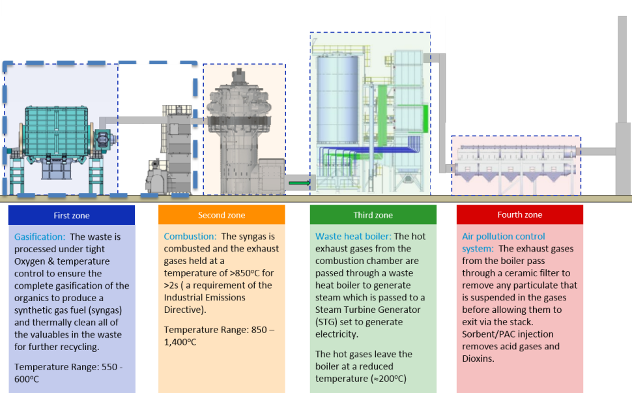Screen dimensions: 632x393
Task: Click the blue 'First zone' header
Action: (x=71, y=215)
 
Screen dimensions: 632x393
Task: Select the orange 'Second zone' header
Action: (x=222, y=215)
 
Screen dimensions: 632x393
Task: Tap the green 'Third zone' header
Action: (x=373, y=215)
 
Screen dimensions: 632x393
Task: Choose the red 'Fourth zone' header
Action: (x=519, y=214)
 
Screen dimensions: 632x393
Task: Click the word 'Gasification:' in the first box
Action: (x=40, y=237)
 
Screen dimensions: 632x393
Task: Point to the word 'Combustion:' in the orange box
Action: (x=190, y=237)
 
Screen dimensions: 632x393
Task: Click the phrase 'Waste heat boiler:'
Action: (x=353, y=237)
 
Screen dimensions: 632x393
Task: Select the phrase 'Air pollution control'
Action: (x=504, y=237)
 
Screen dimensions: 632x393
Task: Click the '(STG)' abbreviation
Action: (x=326, y=322)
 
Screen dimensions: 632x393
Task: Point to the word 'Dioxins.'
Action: (x=478, y=358)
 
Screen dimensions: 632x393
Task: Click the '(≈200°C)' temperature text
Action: (x=387, y=379)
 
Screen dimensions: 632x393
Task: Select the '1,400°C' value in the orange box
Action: (x=180, y=342)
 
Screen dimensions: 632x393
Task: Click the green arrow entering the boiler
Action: (x=300, y=183)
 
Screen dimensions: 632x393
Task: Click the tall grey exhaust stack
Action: (x=622, y=106)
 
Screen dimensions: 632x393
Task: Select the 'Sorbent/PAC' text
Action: (x=487, y=334)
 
